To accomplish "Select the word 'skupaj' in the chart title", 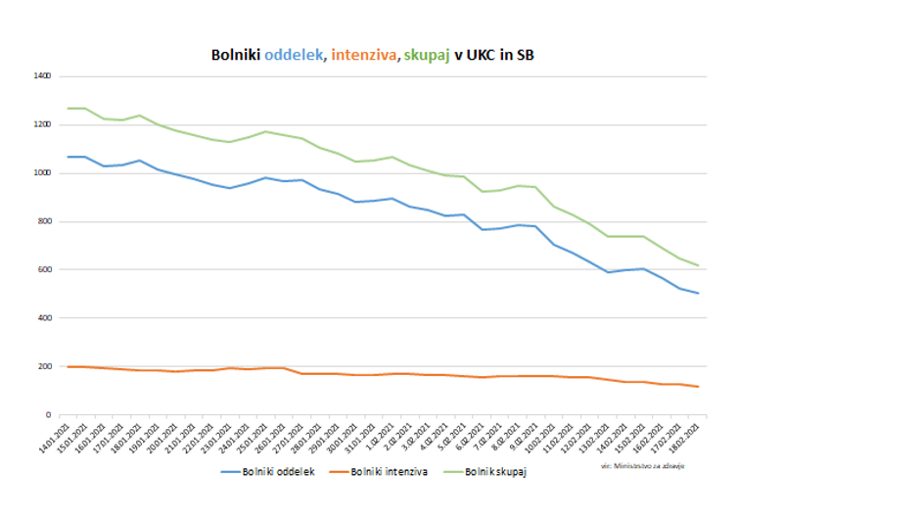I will tap(426, 56).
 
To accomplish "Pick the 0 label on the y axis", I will tap(49, 414).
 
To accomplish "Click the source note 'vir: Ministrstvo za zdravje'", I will tap(643, 466).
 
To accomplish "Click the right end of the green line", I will tap(698, 265).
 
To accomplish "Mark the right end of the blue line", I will tap(698, 293).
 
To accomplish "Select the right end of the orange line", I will tap(698, 387).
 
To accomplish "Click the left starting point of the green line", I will tap(69, 108).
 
